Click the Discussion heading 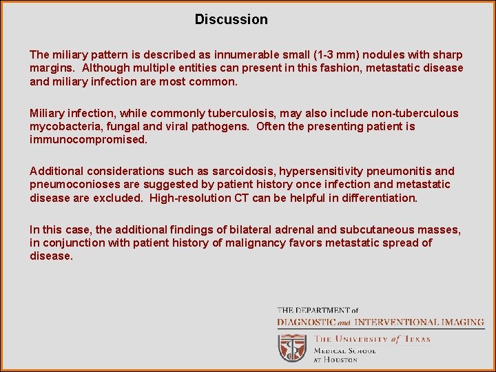(x=231, y=19)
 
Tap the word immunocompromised (x=88, y=140)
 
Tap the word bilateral (x=254, y=229)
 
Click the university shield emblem (x=292, y=348)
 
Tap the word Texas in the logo (x=415, y=338)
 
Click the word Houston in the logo (x=340, y=360)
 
